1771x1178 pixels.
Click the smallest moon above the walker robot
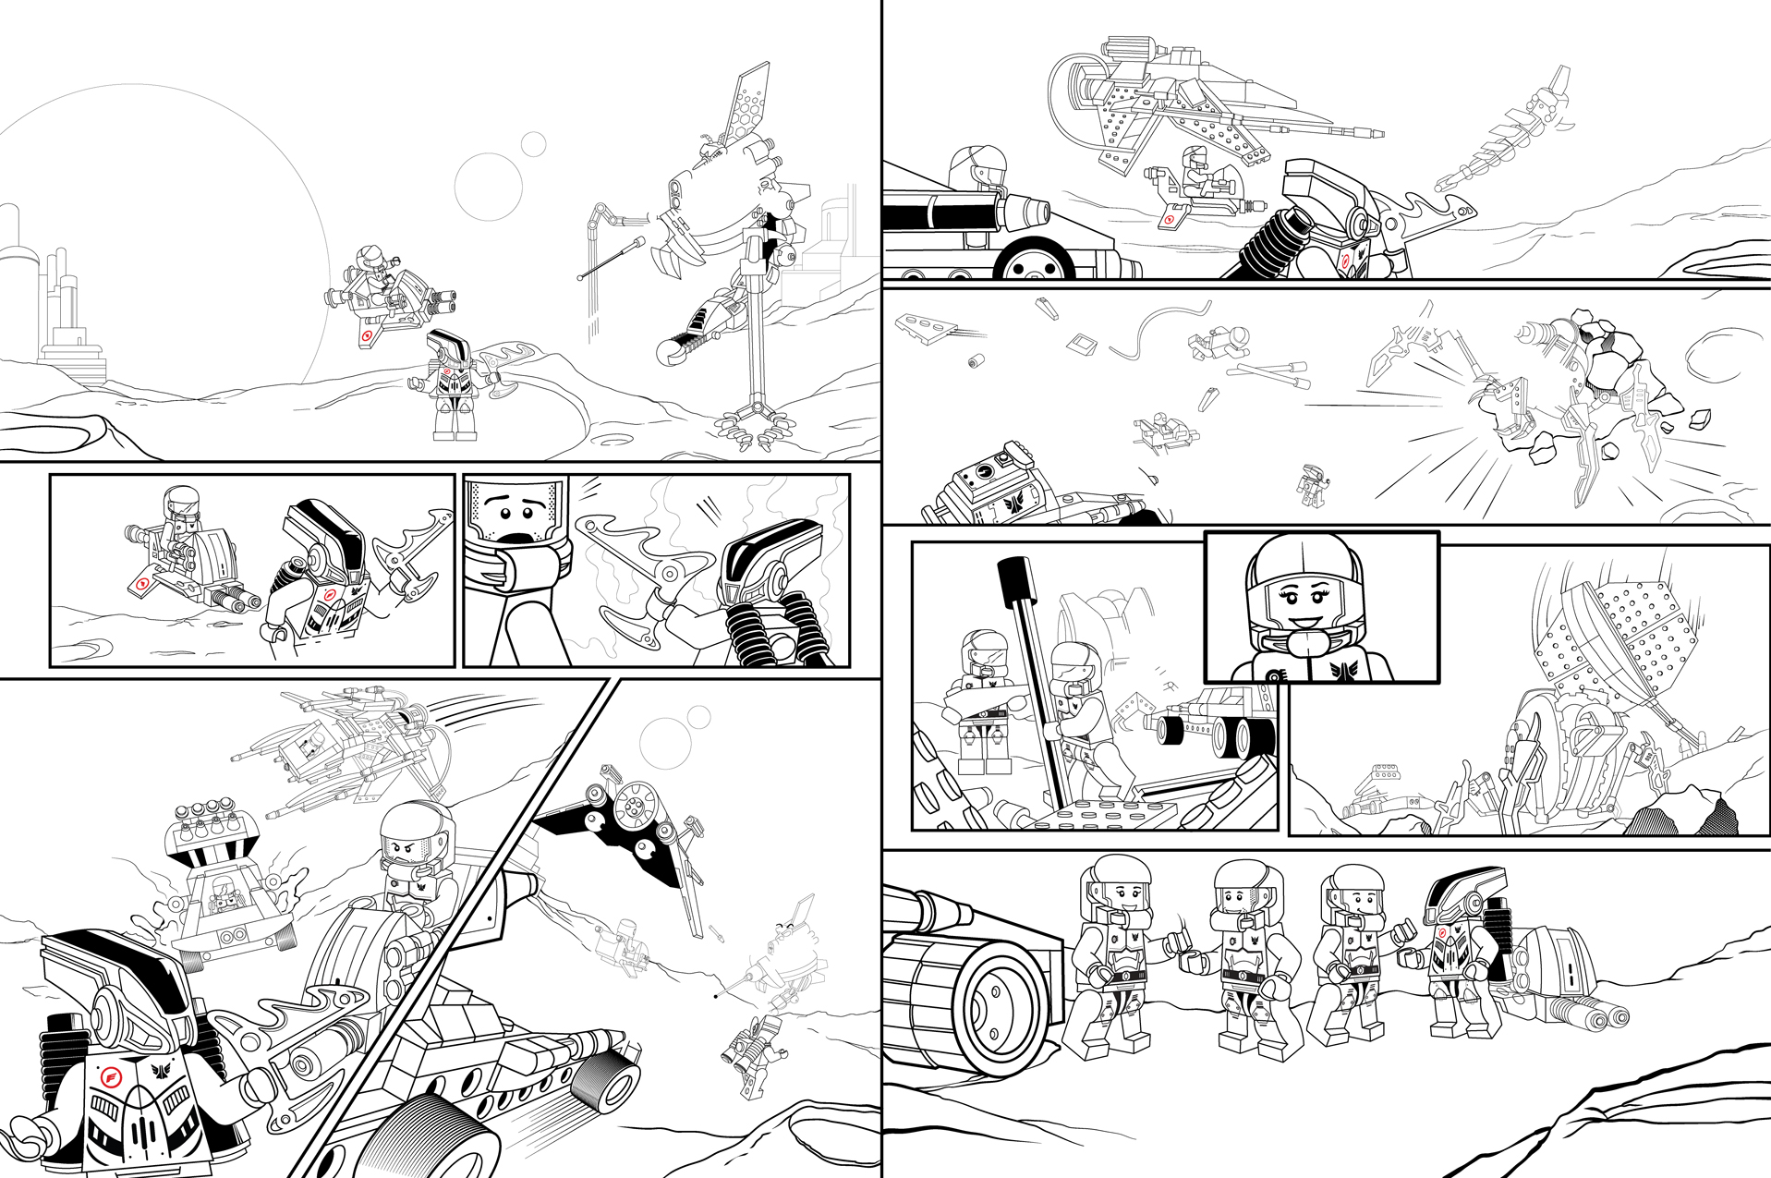[533, 144]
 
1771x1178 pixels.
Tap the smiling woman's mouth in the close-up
[1304, 621]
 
